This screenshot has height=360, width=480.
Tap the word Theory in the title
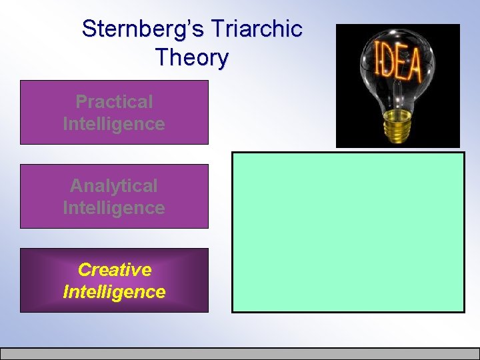coord(191,57)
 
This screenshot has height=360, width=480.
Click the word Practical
coord(114,101)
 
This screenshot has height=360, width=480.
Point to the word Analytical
coord(114,185)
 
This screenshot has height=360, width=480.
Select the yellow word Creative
coord(114,269)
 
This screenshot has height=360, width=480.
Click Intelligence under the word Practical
coord(114,124)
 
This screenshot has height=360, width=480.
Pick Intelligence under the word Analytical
coord(114,208)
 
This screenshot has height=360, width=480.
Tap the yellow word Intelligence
coord(114,292)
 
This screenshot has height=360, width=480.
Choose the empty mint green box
coord(347,232)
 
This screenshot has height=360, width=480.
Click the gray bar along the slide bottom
coord(240,353)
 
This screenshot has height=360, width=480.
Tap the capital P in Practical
coord(81,101)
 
